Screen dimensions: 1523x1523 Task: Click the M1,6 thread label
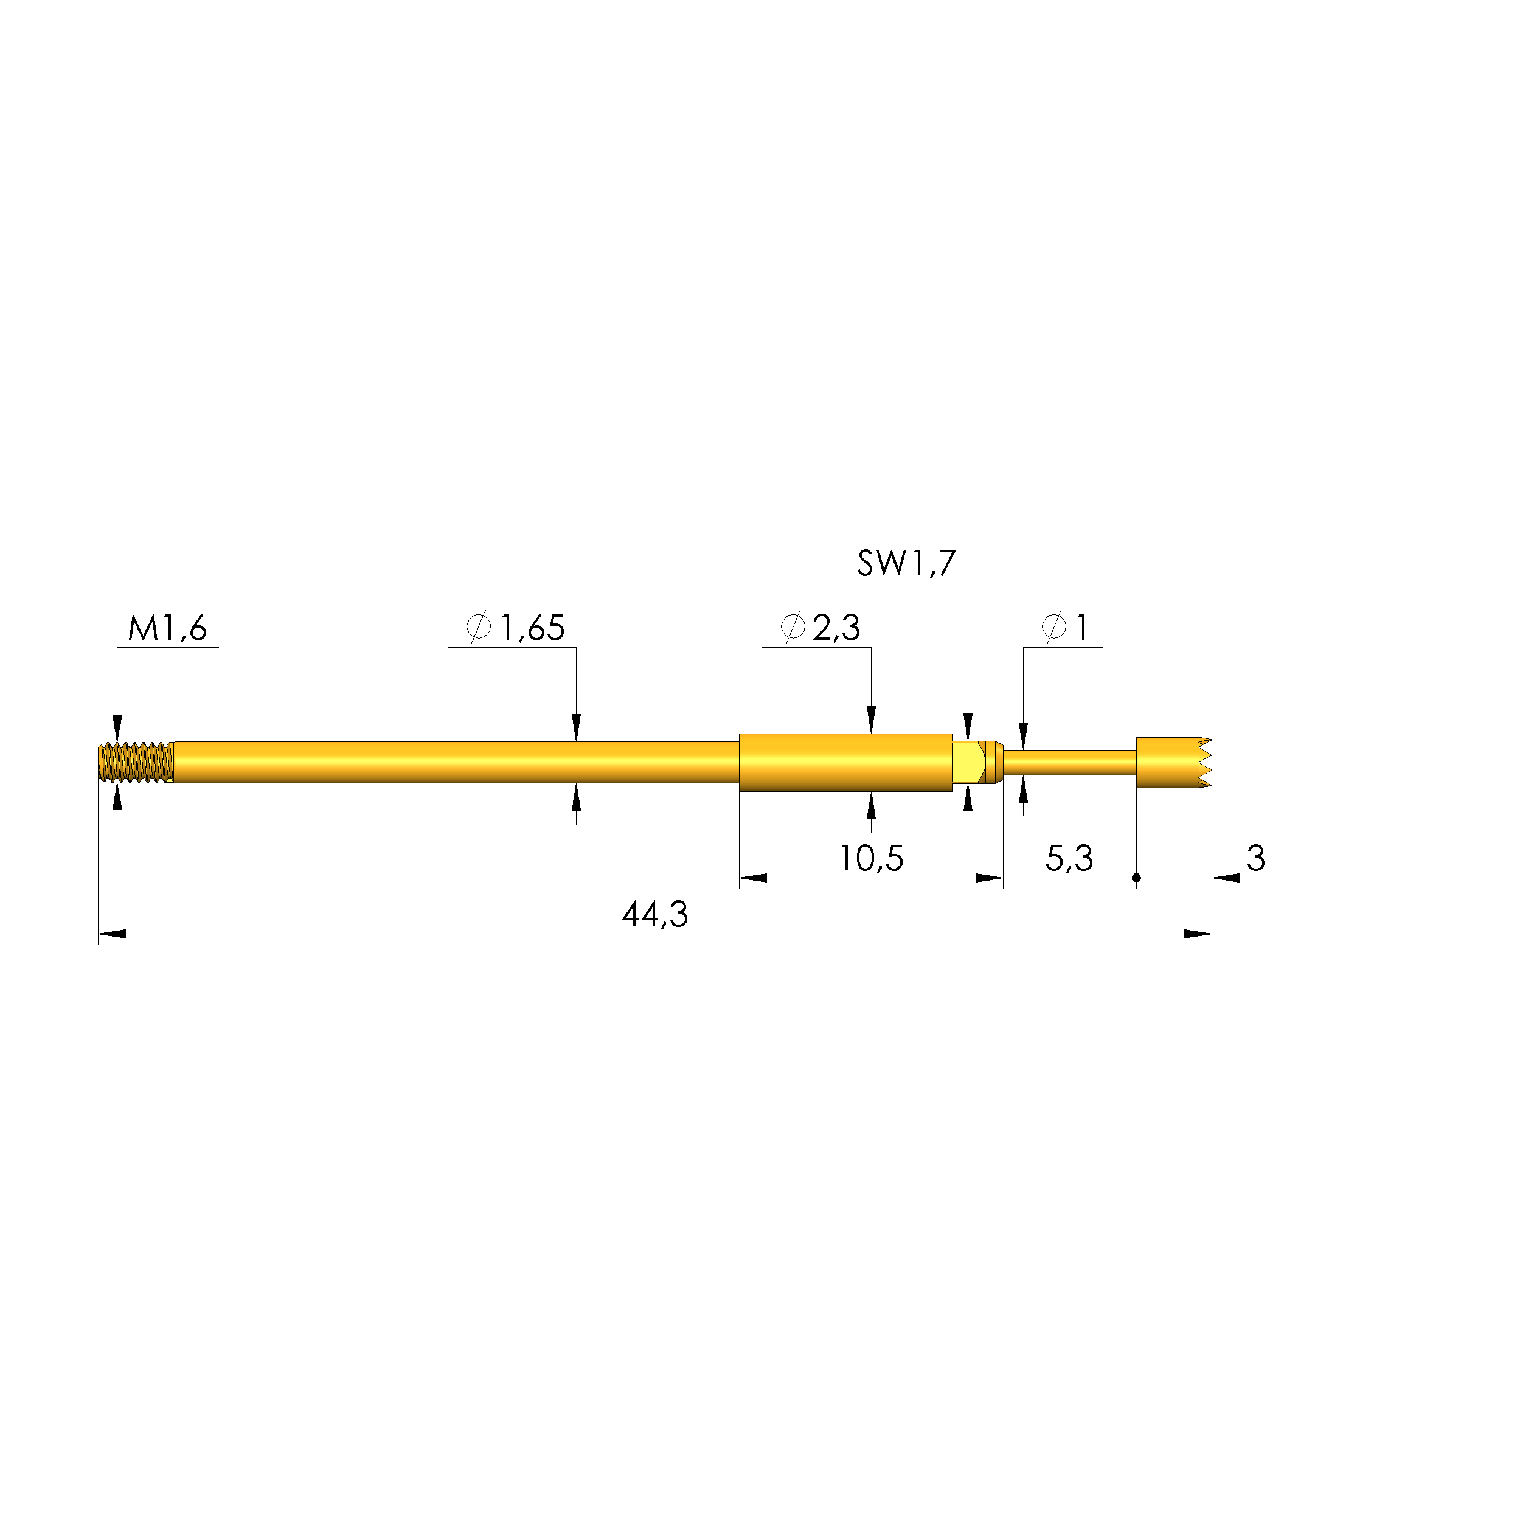pos(167,628)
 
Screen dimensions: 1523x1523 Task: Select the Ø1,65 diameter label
pos(516,628)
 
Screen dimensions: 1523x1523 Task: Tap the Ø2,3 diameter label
pos(820,628)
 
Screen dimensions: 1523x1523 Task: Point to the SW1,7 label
pos(906,564)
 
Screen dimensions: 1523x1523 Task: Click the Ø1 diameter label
pos(1065,628)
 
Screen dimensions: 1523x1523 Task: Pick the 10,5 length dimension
pos(870,858)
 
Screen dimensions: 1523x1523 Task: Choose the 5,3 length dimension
pos(1069,858)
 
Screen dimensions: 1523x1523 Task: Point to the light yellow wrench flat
pos(967,762)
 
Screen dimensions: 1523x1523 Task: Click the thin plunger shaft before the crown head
pos(1068,762)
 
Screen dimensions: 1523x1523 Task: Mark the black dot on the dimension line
pos(1136,878)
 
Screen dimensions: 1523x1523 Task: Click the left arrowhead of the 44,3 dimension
pos(111,934)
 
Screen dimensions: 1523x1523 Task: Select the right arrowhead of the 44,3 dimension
pos(1198,934)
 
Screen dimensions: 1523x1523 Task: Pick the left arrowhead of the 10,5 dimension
pos(753,878)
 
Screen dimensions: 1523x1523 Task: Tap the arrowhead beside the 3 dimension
pos(1225,878)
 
